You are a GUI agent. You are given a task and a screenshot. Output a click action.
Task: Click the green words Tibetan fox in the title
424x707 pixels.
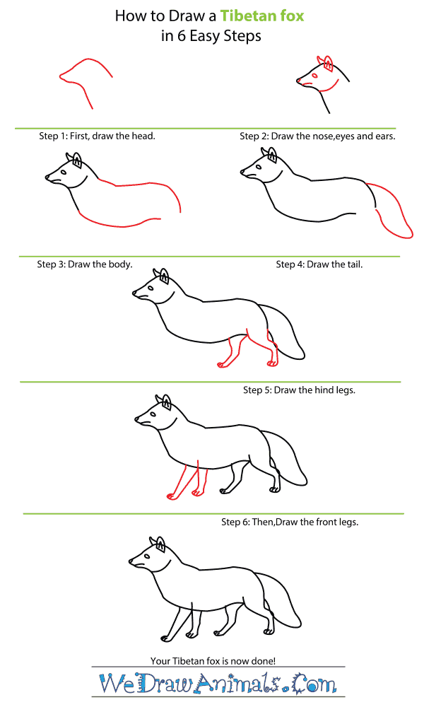click(261, 16)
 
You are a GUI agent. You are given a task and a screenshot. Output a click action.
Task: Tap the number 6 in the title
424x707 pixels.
click(181, 36)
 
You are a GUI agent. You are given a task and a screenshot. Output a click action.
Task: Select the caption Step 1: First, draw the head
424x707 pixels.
click(97, 136)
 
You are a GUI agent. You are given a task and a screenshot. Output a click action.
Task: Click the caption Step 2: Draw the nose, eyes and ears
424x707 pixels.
click(317, 136)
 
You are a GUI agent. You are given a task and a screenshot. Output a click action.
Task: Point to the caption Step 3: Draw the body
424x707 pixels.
click(85, 264)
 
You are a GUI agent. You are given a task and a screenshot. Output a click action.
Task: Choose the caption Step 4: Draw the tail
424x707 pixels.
click(319, 264)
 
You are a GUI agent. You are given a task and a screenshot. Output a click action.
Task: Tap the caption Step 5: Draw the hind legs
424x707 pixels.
click(299, 390)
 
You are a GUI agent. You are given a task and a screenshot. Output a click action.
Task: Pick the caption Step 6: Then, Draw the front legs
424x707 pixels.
click(290, 522)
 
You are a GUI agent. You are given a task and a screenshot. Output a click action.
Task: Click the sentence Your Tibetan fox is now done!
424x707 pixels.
click(213, 661)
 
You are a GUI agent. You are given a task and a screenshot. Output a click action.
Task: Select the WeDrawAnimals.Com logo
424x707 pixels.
click(218, 684)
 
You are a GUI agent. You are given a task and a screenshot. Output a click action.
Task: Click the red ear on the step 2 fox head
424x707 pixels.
click(328, 64)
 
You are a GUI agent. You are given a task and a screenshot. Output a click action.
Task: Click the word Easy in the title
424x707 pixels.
click(205, 37)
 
